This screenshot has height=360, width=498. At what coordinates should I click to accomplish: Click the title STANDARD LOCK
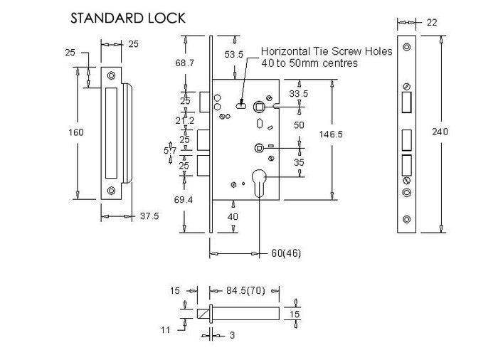coord(127,18)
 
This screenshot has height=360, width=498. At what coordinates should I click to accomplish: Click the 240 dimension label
coord(440,132)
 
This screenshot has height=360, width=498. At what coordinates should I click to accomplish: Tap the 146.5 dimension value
coord(331,134)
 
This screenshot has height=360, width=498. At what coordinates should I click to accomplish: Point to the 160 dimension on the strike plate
coord(76,132)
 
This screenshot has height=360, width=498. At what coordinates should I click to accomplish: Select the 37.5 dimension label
coord(149,216)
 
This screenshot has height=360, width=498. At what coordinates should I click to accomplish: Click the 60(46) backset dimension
coord(286,253)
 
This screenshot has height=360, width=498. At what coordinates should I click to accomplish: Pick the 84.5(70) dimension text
coord(245,290)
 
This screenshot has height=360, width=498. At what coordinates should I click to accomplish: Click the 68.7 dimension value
coord(184,63)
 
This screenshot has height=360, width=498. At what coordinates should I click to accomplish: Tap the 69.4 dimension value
coord(184,200)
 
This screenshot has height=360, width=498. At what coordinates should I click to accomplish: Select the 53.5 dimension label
coord(234,55)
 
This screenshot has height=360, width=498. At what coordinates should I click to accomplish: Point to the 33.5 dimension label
coord(299,94)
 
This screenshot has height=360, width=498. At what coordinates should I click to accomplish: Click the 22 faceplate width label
coord(432,22)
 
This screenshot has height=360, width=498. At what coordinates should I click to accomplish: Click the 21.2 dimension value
coord(185,121)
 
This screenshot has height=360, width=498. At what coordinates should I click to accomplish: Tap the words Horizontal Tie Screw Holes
coord(327,51)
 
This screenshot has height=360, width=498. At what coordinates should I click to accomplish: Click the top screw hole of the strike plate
coord(111,75)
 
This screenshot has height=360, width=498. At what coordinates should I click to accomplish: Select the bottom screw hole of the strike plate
coord(111,191)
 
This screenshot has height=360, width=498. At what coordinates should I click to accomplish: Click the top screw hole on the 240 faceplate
coord(406,48)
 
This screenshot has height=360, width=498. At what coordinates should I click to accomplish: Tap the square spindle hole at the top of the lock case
coord(258,107)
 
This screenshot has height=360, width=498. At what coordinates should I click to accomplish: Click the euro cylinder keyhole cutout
coord(260,182)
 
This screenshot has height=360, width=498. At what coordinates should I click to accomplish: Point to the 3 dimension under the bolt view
coord(232,335)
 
